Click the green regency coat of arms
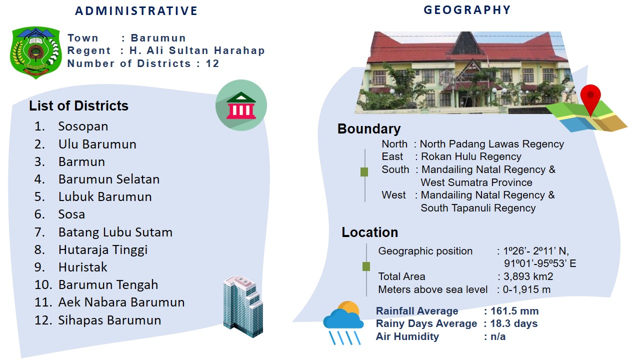(x=35, y=52)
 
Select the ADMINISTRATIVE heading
(x=136, y=11)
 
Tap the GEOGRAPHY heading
(x=467, y=10)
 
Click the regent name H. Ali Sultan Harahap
(x=197, y=50)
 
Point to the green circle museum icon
(x=241, y=105)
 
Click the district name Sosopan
(x=83, y=126)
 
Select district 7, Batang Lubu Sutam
(x=115, y=232)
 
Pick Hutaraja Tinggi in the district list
(x=103, y=249)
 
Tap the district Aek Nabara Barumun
(x=121, y=302)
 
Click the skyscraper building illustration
(x=243, y=306)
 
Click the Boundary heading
(x=369, y=129)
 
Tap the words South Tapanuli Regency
(x=478, y=208)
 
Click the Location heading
(x=369, y=232)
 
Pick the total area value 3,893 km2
(x=528, y=276)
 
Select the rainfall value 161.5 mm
(x=514, y=311)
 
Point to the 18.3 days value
(x=514, y=323)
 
